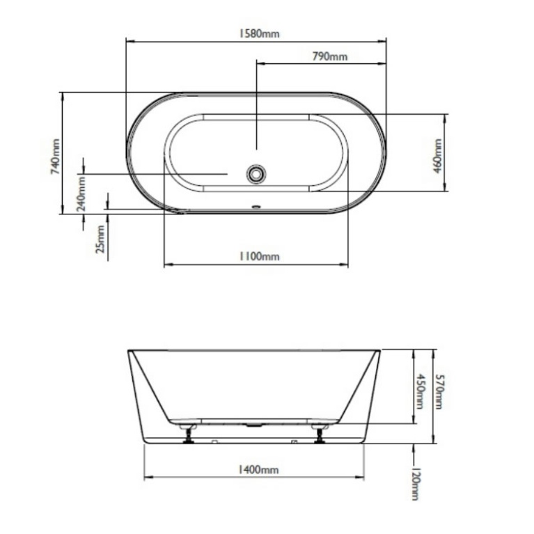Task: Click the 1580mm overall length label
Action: tap(258, 33)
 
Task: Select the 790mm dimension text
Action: tap(329, 56)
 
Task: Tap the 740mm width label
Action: tap(55, 157)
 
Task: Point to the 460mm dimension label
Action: tap(437, 155)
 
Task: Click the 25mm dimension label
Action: tap(101, 239)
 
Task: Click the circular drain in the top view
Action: tap(256, 173)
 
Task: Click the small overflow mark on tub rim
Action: tap(256, 206)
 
